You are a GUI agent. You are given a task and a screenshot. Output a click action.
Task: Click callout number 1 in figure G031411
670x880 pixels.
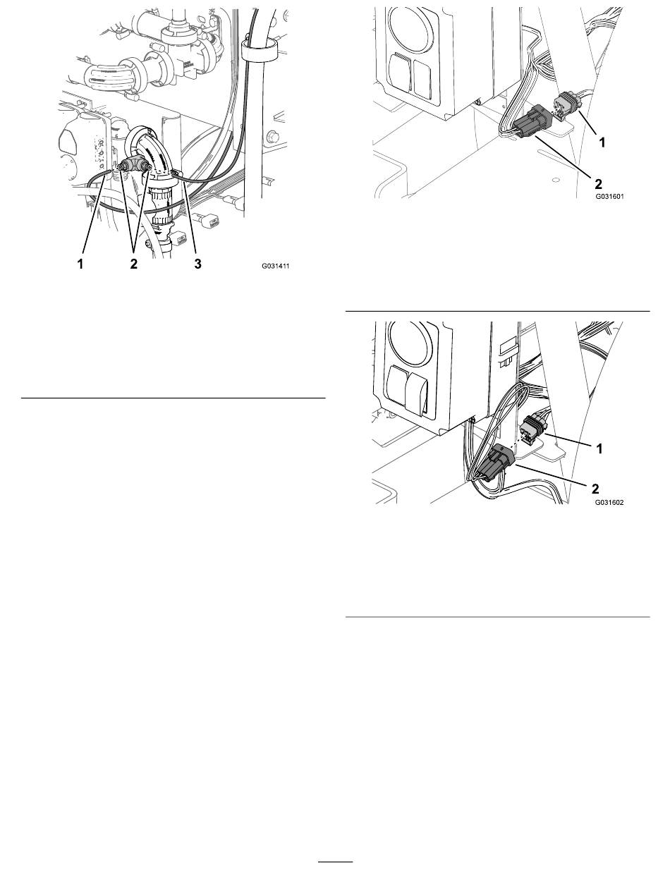80,264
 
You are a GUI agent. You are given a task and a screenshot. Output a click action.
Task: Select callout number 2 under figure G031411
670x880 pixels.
133,264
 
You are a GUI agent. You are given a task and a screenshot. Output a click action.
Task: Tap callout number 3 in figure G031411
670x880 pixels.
197,264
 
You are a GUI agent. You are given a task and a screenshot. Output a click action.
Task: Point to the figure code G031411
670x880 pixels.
276,266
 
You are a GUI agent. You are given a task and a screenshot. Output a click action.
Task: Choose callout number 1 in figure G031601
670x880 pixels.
602,142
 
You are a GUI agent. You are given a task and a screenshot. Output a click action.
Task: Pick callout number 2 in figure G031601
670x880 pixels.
598,184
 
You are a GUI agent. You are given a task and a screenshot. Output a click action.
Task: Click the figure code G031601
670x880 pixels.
609,197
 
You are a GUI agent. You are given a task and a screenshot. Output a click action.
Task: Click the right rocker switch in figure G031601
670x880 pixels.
422,78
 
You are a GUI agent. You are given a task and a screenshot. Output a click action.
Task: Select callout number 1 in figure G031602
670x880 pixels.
599,448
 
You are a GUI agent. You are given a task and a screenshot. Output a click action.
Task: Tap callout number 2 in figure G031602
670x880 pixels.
595,489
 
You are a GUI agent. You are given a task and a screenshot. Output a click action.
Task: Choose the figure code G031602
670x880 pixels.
609,502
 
